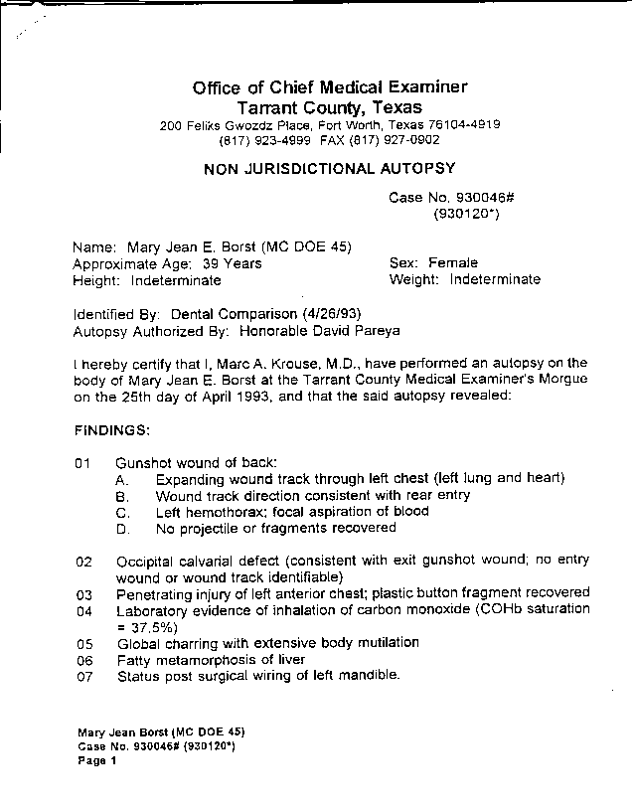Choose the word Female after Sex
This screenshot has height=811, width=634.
(453, 263)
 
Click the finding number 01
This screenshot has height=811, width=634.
(82, 462)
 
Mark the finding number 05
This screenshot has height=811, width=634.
(83, 643)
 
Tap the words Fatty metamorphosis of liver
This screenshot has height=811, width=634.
(211, 659)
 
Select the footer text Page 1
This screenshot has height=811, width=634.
(97, 761)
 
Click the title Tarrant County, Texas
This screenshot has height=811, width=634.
(329, 107)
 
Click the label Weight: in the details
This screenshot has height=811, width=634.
(415, 279)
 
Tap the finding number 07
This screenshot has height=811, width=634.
(83, 676)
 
